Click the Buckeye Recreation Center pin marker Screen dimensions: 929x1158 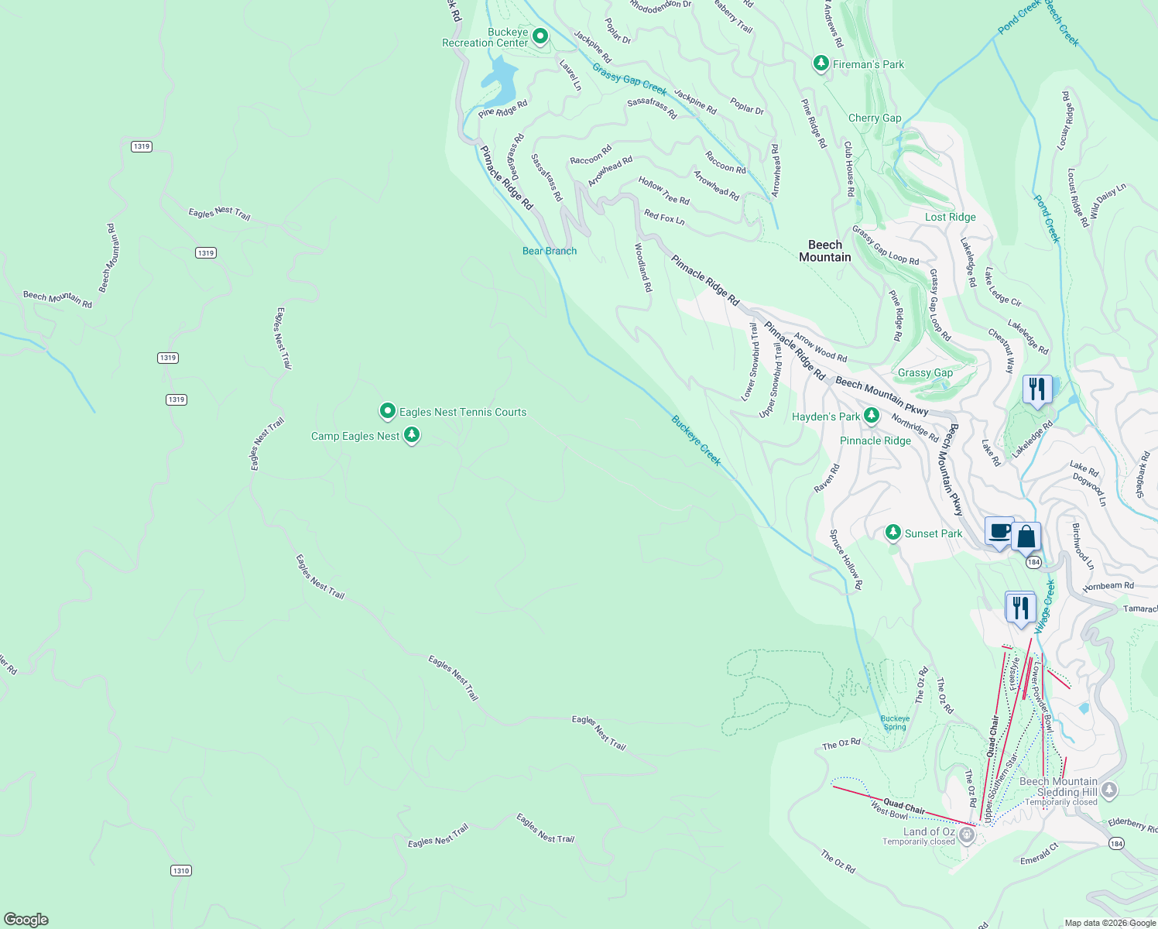pos(540,36)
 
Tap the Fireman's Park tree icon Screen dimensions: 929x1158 pos(821,63)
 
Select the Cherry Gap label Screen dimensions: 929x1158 pos(875,118)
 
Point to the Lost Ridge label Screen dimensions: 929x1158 pos(950,218)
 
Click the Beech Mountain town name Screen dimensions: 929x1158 pos(824,251)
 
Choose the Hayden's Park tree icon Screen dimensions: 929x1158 pos(871,416)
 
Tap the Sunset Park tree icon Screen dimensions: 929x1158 pos(893,533)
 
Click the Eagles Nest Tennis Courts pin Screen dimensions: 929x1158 pos(388,411)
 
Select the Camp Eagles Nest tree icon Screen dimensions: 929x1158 pos(412,435)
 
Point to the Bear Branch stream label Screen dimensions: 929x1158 pos(549,251)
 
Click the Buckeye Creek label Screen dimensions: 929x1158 pos(695,441)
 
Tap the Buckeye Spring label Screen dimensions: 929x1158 pos(895,722)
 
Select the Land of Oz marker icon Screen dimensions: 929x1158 pos(966,835)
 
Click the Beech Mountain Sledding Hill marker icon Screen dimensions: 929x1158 pos(1109,790)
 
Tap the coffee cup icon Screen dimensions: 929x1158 pos(999,532)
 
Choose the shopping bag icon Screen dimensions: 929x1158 pos(1026,536)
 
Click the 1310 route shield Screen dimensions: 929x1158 pos(181,871)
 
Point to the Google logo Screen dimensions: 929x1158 pos(26,919)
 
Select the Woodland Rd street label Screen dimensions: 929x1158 pos(643,267)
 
